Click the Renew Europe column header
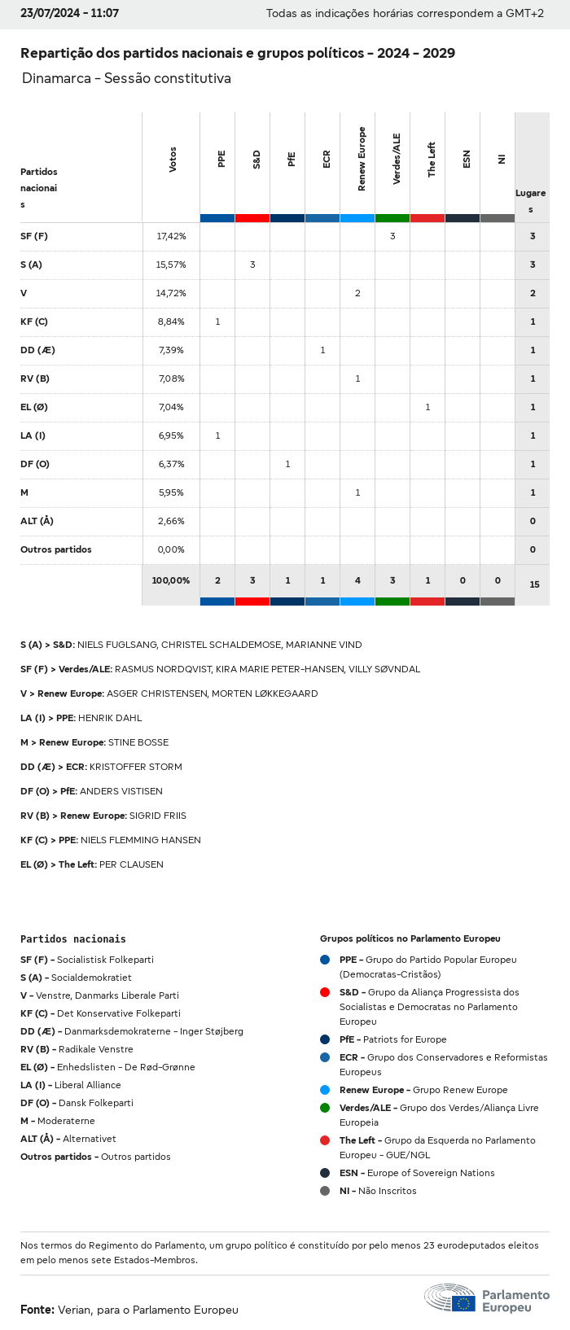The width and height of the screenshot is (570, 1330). pyautogui.click(x=362, y=159)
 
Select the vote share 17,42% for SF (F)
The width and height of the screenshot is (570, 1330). pyautogui.click(x=171, y=236)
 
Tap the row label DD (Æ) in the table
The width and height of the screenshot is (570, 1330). pyautogui.click(x=37, y=350)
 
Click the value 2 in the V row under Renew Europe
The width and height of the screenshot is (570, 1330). pyautogui.click(x=357, y=293)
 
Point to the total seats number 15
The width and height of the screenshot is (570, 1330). pyautogui.click(x=534, y=584)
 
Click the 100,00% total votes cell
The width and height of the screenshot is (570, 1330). pyautogui.click(x=171, y=580)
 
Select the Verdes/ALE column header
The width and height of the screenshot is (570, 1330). pyautogui.click(x=397, y=159)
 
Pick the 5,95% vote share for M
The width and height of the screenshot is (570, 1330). pyautogui.click(x=171, y=492)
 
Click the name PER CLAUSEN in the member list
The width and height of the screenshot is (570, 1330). pyautogui.click(x=131, y=864)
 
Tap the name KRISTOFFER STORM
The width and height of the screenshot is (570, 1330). pyautogui.click(x=136, y=767)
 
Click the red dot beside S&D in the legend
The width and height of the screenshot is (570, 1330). pyautogui.click(x=325, y=992)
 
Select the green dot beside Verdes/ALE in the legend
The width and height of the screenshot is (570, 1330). pyautogui.click(x=325, y=1108)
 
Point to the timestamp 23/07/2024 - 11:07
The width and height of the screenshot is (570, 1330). pyautogui.click(x=69, y=13)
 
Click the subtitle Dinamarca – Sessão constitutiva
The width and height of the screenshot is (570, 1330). pyautogui.click(x=126, y=78)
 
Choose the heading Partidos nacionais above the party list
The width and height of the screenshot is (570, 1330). pyautogui.click(x=73, y=939)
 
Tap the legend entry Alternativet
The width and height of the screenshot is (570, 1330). pyautogui.click(x=90, y=1139)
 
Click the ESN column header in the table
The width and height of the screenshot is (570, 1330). pyautogui.click(x=467, y=159)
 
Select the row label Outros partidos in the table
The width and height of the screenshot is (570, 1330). pyautogui.click(x=55, y=549)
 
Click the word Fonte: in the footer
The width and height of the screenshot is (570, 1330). pyautogui.click(x=37, y=1310)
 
